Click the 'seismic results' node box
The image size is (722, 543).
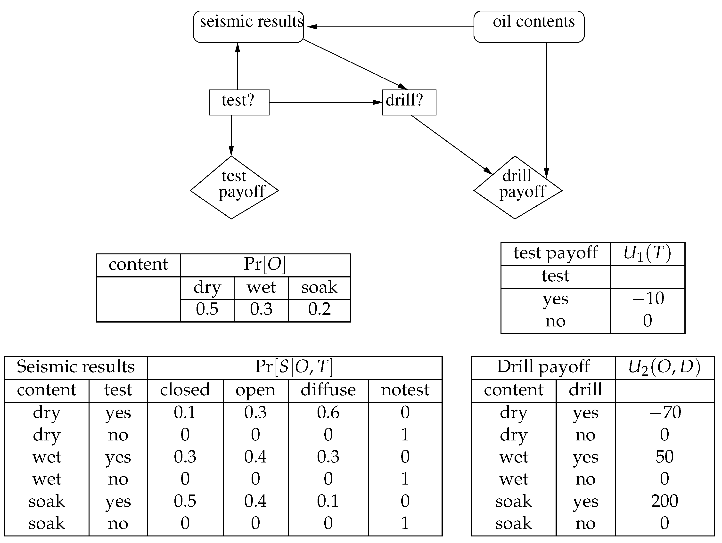(x=248, y=27)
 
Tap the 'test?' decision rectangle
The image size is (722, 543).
(x=239, y=102)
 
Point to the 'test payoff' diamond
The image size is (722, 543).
(x=234, y=187)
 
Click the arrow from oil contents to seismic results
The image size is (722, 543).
(x=390, y=27)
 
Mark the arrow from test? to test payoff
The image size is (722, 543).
(x=231, y=135)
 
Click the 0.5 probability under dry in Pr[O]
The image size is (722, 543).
(x=207, y=309)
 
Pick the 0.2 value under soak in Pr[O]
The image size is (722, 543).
(x=319, y=309)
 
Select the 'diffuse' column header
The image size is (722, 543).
(x=328, y=390)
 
